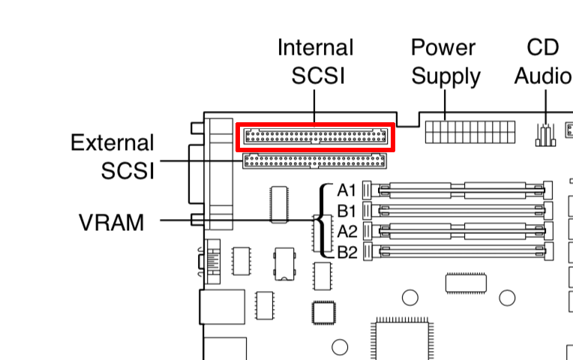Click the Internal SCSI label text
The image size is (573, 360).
[315, 61]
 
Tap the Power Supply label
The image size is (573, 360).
[445, 61]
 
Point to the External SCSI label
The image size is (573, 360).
[112, 156]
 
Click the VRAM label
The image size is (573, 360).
[111, 222]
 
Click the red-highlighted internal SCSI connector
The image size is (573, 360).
[316, 137]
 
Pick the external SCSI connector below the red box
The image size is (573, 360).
[314, 160]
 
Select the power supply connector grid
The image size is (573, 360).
[469, 131]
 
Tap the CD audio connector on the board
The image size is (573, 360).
[544, 135]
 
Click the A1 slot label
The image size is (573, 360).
[346, 190]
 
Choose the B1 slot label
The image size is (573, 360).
[346, 211]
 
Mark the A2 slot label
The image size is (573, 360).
[346, 231]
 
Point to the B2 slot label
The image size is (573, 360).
[346, 252]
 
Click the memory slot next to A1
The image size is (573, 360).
[457, 190]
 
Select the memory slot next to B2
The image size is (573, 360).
[457, 252]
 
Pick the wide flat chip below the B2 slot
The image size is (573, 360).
[465, 283]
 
